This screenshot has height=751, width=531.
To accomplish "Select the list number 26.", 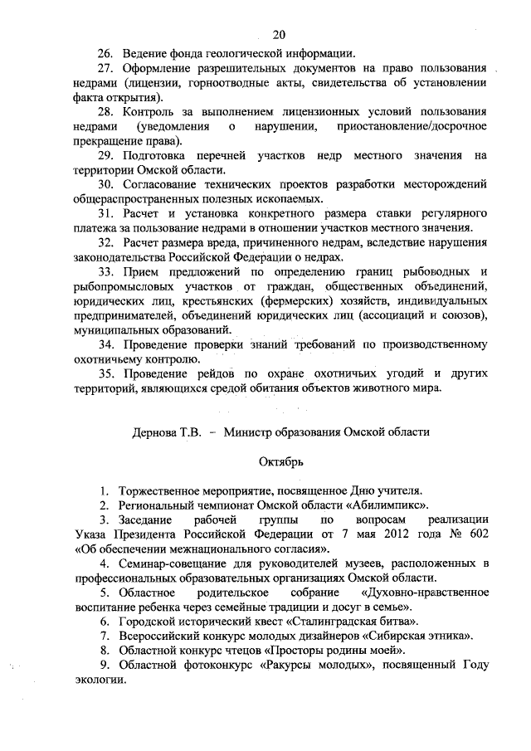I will pos(106,53).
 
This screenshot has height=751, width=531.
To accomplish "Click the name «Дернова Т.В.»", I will pos(166,432).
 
